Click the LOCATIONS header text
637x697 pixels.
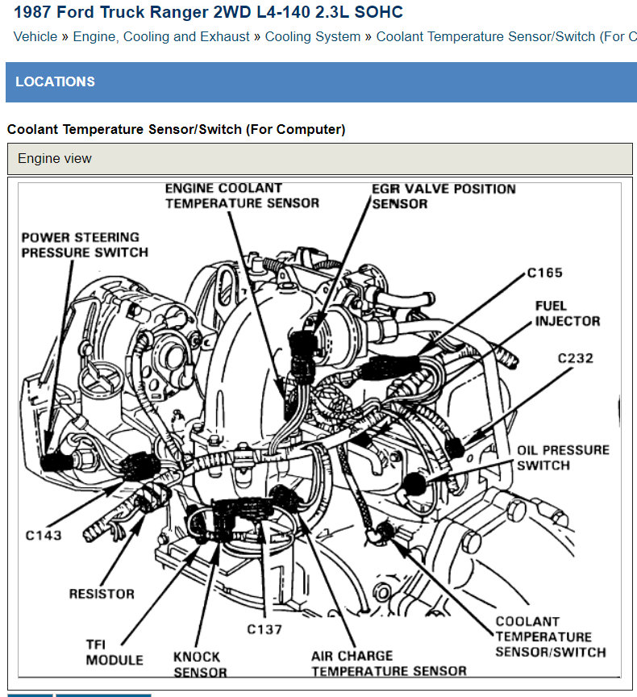(55, 81)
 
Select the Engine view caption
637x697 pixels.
(55, 158)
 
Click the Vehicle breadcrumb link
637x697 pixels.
(35, 36)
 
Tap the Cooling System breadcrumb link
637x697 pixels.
(313, 36)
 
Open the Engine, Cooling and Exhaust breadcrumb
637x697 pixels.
(161, 36)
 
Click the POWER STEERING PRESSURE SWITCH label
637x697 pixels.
(85, 244)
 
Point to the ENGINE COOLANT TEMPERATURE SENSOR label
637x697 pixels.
(242, 195)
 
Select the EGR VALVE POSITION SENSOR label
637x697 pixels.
(443, 195)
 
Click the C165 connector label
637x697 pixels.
(545, 273)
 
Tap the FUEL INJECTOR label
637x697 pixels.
(568, 313)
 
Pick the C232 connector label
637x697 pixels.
(575, 357)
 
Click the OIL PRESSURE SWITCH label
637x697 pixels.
(563, 457)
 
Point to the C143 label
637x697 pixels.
(42, 534)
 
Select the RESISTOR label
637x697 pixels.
(102, 594)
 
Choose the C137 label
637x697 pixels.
(265, 628)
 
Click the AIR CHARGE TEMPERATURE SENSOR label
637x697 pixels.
(389, 663)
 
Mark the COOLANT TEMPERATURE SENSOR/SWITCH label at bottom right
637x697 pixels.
(550, 636)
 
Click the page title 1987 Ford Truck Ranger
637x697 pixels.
(208, 12)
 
